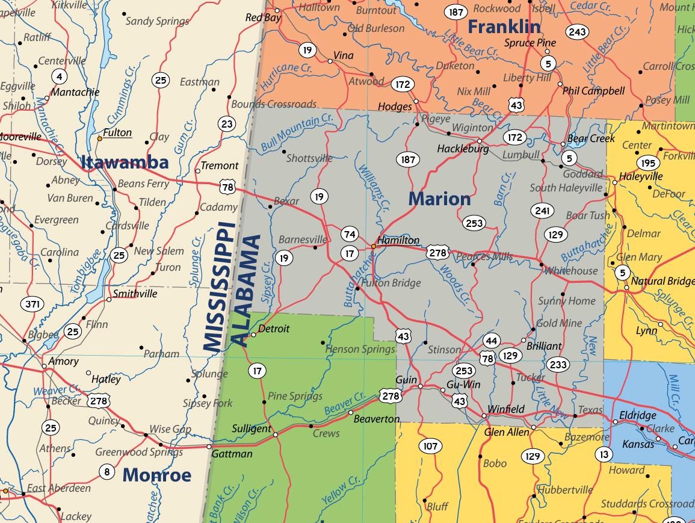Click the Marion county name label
click(x=439, y=199)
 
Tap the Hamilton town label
click(x=398, y=240)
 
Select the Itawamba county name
click(x=125, y=162)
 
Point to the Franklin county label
click(x=504, y=26)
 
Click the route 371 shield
click(x=32, y=304)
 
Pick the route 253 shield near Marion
click(x=474, y=223)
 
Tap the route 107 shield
click(x=430, y=446)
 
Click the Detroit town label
click(x=274, y=329)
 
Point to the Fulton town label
click(x=117, y=133)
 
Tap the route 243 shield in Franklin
click(x=576, y=32)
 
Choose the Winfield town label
click(x=506, y=409)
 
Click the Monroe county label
click(x=157, y=475)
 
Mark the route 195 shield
click(x=647, y=163)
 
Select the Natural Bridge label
click(x=662, y=281)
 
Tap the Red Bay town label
click(x=263, y=17)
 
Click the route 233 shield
click(x=558, y=364)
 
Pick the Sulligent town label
click(x=252, y=429)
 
